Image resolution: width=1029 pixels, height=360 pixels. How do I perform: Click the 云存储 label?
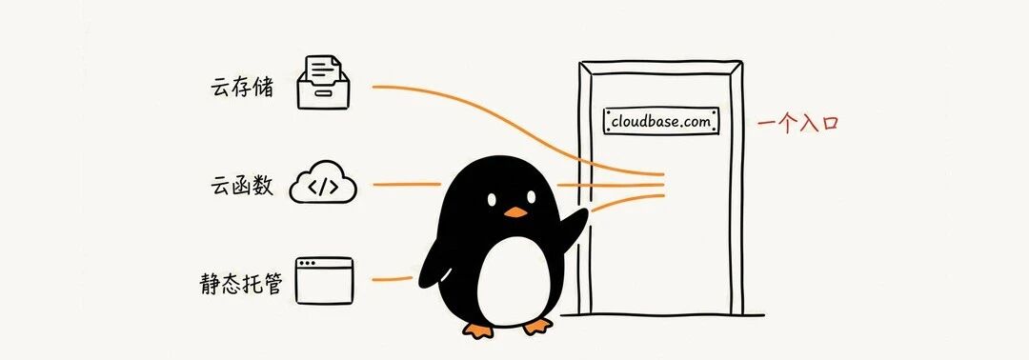coord(241,88)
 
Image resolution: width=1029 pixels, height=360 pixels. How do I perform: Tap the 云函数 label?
coord(241,187)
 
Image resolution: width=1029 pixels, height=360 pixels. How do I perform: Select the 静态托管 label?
coord(241,283)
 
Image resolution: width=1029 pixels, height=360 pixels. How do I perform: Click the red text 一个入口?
coord(798,123)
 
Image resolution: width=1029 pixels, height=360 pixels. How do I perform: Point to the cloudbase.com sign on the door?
coord(661,121)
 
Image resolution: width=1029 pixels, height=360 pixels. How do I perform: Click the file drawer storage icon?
coord(323,82)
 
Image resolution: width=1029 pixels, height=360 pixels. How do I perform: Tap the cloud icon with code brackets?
coord(323,187)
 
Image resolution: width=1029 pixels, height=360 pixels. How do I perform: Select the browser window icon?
coord(324,280)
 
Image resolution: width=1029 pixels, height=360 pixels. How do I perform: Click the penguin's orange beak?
coord(515,212)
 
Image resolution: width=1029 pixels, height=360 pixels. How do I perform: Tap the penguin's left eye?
coord(492,198)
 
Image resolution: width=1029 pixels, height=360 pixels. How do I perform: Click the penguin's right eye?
coord(529,196)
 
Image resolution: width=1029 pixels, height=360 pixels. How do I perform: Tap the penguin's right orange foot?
coord(537,327)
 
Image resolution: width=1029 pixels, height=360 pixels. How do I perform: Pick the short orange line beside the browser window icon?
coord(393,280)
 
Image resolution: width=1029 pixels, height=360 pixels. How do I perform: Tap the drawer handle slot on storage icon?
coord(323,93)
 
